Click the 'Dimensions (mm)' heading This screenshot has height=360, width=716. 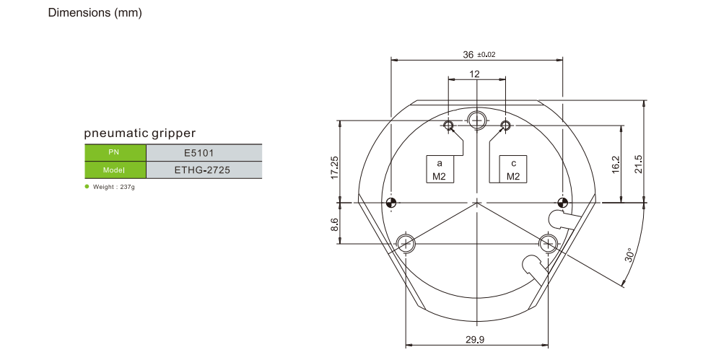pyautogui.click(x=95, y=13)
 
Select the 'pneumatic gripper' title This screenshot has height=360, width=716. pyautogui.click(x=140, y=133)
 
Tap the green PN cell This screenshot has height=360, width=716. pyautogui.click(x=115, y=152)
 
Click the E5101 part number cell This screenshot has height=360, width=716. pyautogui.click(x=204, y=153)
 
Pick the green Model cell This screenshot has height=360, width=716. pyautogui.click(x=115, y=170)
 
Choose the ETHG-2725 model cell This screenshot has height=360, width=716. pyautogui.click(x=204, y=170)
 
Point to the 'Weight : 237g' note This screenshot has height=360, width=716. pyautogui.click(x=110, y=187)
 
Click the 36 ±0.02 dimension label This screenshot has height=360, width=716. pyautogui.click(x=479, y=55)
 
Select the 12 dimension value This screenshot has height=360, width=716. pyautogui.click(x=474, y=74)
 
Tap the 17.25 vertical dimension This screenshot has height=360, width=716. pyautogui.click(x=335, y=167)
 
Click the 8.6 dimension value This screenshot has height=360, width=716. pyautogui.click(x=335, y=224)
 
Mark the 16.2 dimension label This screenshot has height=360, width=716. pyautogui.click(x=616, y=164)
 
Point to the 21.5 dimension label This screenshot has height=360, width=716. pyautogui.click(x=638, y=164)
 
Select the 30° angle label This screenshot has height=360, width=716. pyautogui.click(x=629, y=255)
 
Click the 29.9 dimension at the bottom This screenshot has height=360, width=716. pyautogui.click(x=475, y=340)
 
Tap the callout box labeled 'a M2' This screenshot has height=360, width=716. pyautogui.click(x=440, y=170)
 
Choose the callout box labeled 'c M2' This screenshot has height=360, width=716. pyautogui.click(x=512, y=170)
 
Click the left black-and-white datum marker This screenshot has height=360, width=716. pyautogui.click(x=391, y=203)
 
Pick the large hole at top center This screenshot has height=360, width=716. pyautogui.click(x=477, y=120)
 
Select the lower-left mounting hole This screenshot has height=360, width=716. pyautogui.click(x=406, y=243)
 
